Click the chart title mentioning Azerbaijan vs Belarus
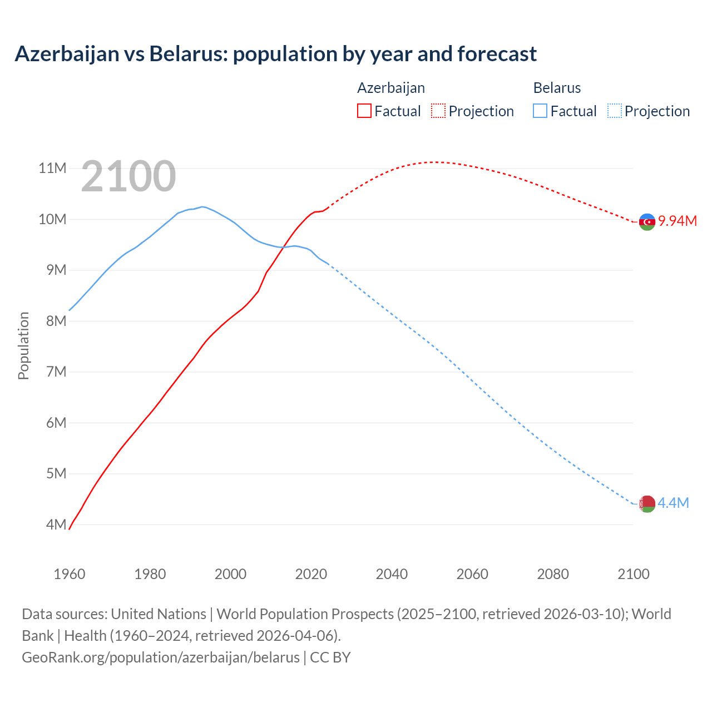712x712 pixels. point(275,54)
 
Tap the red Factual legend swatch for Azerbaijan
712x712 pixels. point(364,111)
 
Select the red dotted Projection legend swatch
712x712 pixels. point(438,111)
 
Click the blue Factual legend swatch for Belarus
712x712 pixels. point(540,111)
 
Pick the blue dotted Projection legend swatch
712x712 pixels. point(614,111)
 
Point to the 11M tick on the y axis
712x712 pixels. point(52,168)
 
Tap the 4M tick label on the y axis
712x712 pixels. point(56,525)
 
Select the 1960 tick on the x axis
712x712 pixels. point(70,574)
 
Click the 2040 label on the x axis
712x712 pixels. point(392,574)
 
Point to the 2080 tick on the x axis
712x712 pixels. point(553,574)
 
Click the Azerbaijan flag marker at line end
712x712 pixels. point(647,221)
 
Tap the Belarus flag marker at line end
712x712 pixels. point(647,504)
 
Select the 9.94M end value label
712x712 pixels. point(678,221)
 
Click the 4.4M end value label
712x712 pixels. point(673,503)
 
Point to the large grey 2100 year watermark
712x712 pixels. point(128,176)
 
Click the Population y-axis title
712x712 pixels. point(23,346)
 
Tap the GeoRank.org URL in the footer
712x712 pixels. point(161,657)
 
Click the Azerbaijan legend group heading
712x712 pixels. point(391,88)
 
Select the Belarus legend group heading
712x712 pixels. point(557,88)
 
